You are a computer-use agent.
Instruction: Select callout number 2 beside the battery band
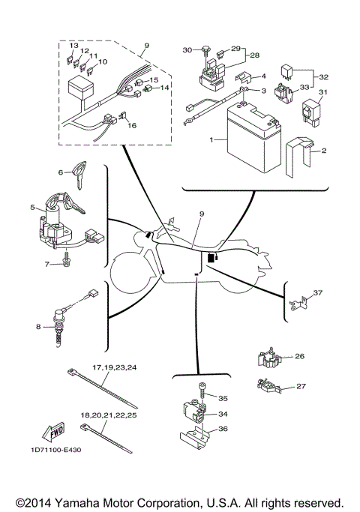(325, 151)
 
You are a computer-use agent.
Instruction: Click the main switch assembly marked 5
(52, 221)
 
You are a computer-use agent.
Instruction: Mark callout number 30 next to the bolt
(187, 49)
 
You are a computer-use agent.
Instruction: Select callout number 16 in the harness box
(132, 126)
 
